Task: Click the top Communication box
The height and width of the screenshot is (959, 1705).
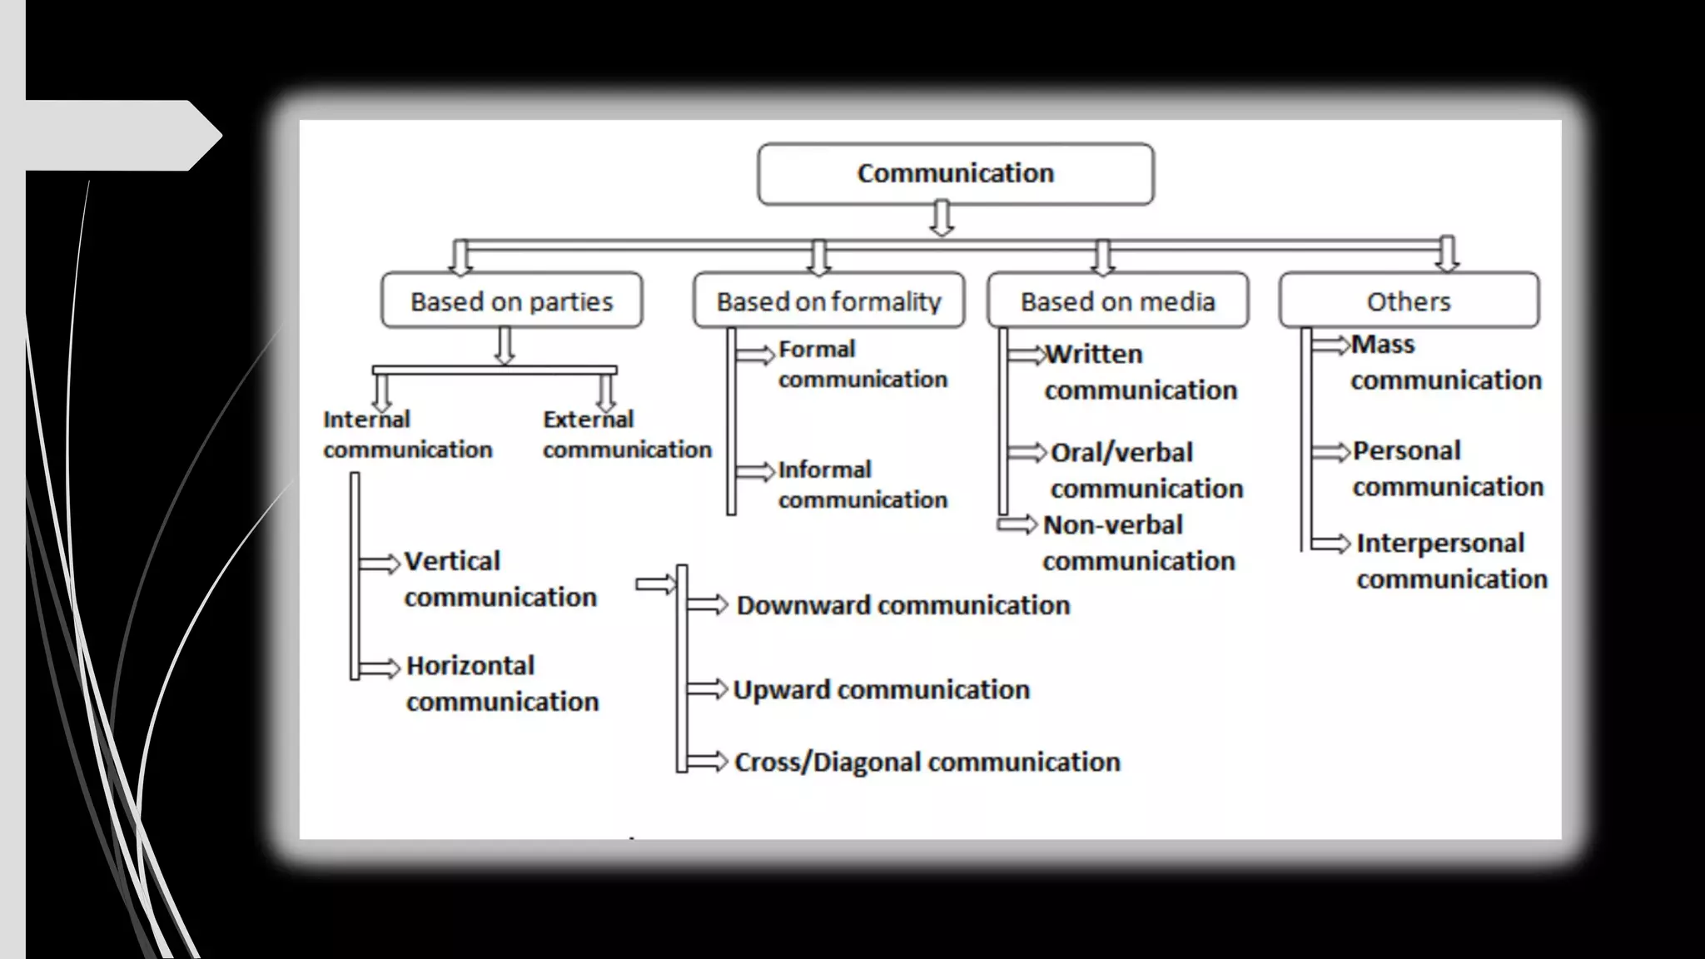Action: (956, 174)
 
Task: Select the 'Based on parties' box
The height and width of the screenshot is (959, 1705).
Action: (511, 301)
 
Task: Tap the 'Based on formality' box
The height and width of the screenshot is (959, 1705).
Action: (828, 301)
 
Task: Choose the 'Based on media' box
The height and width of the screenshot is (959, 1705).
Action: (1117, 301)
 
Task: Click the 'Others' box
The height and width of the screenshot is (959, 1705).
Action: (1409, 301)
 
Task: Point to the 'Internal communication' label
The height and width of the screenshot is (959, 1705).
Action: (407, 434)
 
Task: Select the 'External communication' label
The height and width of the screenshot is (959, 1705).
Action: (627, 434)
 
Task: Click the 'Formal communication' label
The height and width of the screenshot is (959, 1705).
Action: (862, 364)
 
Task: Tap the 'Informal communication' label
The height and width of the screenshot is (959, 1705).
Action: (862, 484)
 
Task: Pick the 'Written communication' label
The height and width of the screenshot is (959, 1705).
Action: (1141, 371)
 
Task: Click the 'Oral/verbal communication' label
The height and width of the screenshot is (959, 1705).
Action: (1146, 470)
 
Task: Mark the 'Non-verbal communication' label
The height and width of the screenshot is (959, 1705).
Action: (1138, 543)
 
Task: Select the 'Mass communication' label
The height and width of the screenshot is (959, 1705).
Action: (1446, 362)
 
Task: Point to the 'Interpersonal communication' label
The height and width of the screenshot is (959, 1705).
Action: (1451, 560)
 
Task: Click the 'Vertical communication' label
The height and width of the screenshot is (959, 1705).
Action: (500, 579)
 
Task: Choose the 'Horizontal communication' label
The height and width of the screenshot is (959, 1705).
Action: (502, 683)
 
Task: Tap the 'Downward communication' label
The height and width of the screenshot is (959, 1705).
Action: (903, 605)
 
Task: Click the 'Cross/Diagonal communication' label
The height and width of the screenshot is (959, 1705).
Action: (927, 762)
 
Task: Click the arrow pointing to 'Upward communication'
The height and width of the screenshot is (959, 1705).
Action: (708, 688)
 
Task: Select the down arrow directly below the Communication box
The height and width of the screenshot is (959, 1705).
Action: (942, 218)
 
